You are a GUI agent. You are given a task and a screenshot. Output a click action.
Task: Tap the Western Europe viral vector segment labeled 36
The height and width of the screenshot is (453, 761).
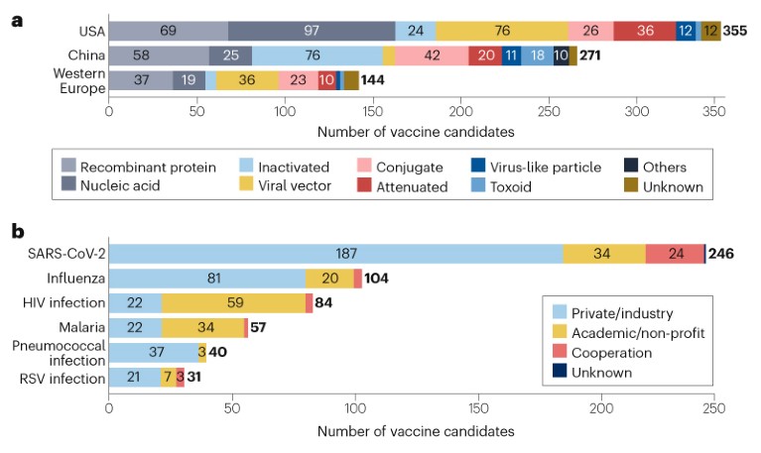[x=248, y=80]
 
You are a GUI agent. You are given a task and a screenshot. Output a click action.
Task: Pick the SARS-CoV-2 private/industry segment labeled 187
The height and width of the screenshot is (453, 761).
[x=336, y=254]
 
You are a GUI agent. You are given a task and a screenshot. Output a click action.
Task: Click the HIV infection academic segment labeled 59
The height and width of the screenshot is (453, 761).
[x=233, y=303]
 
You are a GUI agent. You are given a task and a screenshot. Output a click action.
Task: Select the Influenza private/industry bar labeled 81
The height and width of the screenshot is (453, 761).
[x=206, y=279]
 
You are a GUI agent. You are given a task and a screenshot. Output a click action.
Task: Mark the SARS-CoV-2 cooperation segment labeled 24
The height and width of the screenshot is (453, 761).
[x=676, y=254]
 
